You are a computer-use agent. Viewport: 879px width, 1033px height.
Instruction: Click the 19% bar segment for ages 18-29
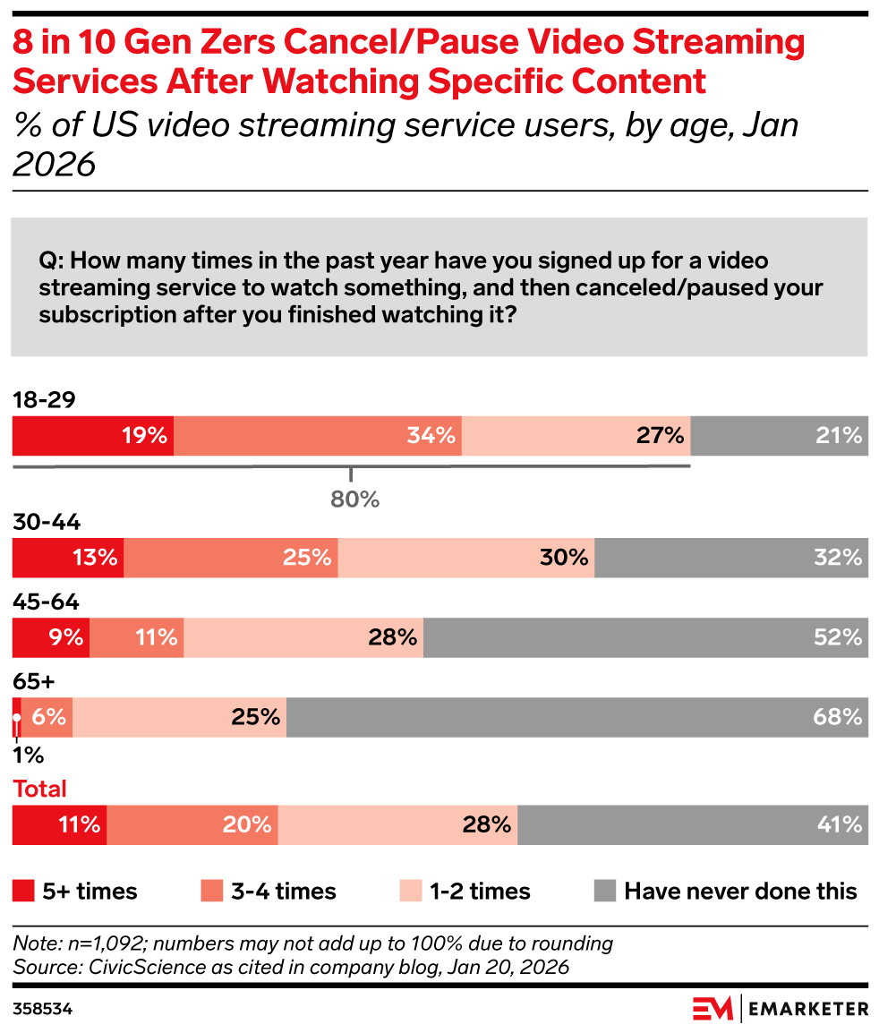(x=93, y=436)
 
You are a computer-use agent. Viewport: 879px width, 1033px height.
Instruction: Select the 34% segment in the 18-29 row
(x=318, y=436)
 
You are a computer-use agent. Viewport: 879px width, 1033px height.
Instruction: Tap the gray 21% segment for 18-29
(x=779, y=436)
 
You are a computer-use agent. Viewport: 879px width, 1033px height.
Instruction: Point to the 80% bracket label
(x=354, y=499)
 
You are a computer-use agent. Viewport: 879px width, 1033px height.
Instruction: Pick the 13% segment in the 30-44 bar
(x=68, y=558)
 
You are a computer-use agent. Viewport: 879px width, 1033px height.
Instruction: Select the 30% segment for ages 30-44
(x=466, y=558)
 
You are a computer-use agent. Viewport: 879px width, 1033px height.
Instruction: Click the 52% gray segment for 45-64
(x=645, y=637)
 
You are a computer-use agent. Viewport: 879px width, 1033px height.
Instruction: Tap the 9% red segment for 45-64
(x=51, y=637)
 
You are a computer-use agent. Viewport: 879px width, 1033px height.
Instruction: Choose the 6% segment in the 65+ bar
(x=47, y=717)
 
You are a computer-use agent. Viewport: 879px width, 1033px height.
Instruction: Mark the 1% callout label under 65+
(x=28, y=756)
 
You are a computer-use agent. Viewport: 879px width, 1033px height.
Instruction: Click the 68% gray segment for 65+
(x=576, y=717)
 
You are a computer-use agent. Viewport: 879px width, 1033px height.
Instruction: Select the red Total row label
(x=39, y=789)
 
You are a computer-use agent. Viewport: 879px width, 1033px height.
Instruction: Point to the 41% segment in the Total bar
(x=692, y=824)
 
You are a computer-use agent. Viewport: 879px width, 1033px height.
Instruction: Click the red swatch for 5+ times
(x=23, y=891)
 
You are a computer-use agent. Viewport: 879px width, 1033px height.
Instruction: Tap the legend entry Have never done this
(x=739, y=891)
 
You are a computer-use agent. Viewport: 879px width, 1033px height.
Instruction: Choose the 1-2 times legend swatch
(x=409, y=891)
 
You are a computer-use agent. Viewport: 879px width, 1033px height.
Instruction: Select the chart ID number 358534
(x=42, y=1009)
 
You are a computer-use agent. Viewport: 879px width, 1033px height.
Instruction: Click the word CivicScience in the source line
(x=121, y=967)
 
